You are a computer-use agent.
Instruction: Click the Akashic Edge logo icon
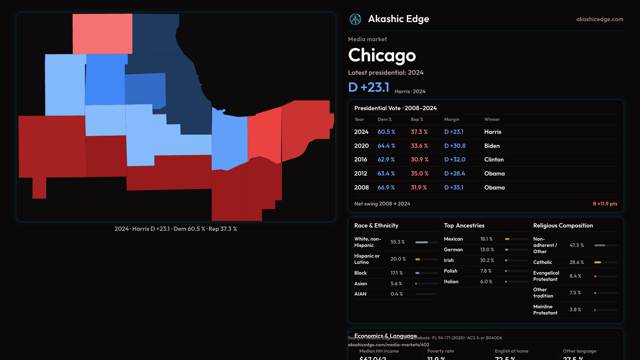(x=355, y=19)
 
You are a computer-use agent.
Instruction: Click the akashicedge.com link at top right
(x=599, y=19)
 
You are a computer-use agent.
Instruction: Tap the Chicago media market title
(x=382, y=55)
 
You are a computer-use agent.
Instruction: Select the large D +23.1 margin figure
(x=368, y=87)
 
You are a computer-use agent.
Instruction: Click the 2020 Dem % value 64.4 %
(x=386, y=146)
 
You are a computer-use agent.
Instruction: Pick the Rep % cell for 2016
(x=419, y=160)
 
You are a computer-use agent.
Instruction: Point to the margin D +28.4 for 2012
(x=454, y=173)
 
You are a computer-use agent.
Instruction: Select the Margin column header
(x=452, y=119)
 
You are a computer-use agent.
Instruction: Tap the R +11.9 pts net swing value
(x=605, y=204)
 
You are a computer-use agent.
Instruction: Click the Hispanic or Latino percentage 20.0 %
(x=398, y=259)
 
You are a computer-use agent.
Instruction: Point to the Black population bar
(x=427, y=273)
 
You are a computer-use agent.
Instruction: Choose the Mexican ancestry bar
(x=516, y=239)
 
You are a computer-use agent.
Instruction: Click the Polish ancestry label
(x=450, y=271)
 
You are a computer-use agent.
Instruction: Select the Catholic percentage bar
(x=606, y=262)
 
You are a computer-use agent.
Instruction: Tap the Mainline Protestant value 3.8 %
(x=575, y=310)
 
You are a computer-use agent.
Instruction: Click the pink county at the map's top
(x=102, y=34)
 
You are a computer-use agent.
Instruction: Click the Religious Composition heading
(x=563, y=226)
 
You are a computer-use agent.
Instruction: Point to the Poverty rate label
(x=440, y=351)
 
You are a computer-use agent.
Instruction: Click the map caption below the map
(x=176, y=229)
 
